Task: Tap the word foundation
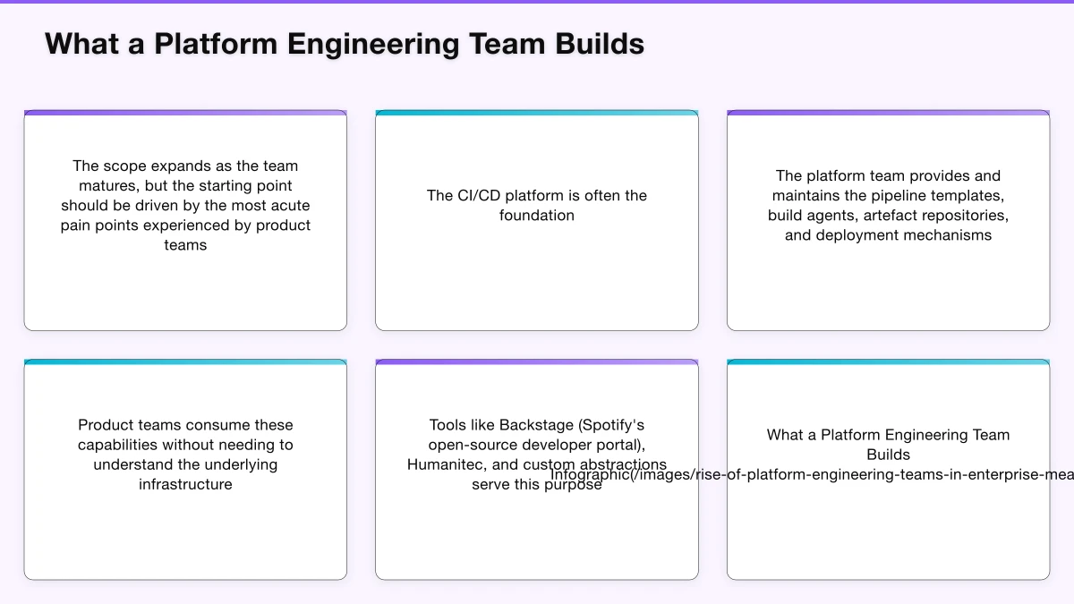(537, 215)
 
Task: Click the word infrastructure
(185, 484)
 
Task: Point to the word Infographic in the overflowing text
(591, 475)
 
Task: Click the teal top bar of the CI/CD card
(537, 113)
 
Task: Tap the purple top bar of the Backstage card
(537, 362)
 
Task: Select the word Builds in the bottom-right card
(888, 455)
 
